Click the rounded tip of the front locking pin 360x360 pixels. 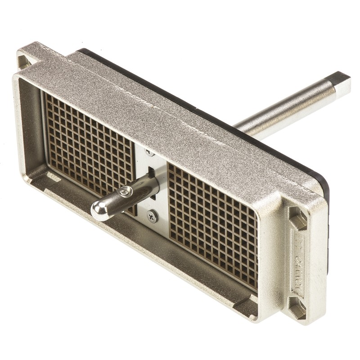point(100,210)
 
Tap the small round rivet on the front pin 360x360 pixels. point(125,193)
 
